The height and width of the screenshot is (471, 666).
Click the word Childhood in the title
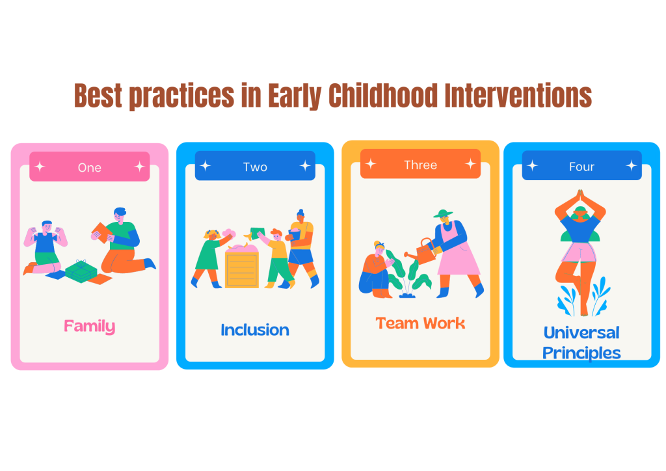pyautogui.click(x=382, y=95)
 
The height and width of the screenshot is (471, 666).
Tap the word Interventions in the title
pyautogui.click(x=518, y=95)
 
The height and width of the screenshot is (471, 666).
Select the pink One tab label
pyautogui.click(x=90, y=167)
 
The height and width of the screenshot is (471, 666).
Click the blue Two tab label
pyautogui.click(x=255, y=166)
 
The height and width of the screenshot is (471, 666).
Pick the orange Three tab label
pyautogui.click(x=421, y=165)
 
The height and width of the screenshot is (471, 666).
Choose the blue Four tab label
pyautogui.click(x=581, y=166)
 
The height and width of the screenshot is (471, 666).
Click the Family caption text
pyautogui.click(x=90, y=326)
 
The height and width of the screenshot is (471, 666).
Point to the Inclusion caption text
pyautogui.click(x=255, y=330)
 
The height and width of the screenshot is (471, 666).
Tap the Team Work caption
pyautogui.click(x=421, y=323)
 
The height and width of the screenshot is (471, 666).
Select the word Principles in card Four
pyautogui.click(x=581, y=353)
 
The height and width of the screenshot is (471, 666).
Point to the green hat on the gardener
pyautogui.click(x=443, y=213)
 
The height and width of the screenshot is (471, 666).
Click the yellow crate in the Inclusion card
pyautogui.click(x=242, y=267)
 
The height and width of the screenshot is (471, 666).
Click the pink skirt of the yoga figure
pyautogui.click(x=578, y=252)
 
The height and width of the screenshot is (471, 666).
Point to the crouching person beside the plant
pyautogui.click(x=375, y=270)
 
